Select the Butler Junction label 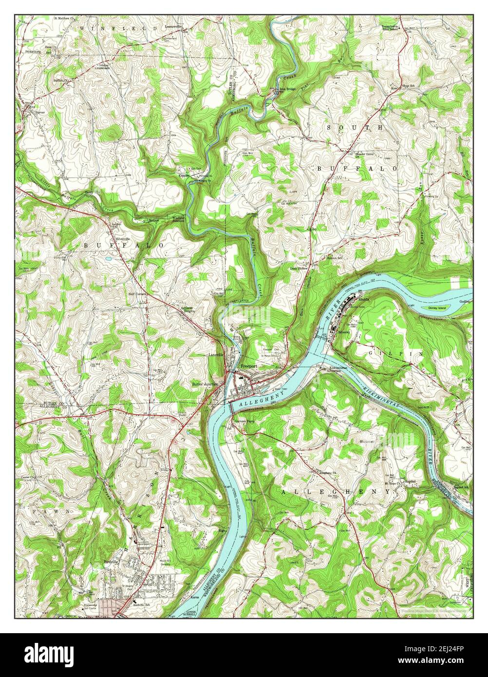tap(205, 384)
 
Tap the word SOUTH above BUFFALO tap(355, 128)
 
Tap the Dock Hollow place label tap(300, 268)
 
